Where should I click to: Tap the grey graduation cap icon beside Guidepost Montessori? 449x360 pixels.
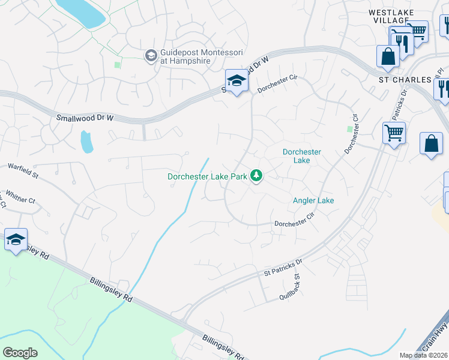coord(151,56)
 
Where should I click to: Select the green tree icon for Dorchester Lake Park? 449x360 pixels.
coord(256,176)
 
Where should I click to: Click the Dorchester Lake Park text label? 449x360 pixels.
coord(207,176)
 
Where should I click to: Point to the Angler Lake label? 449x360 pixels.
coord(313,200)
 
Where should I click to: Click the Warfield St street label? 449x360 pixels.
coord(23,171)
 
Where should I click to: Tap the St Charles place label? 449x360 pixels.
coord(405,79)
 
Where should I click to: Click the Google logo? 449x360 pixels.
coord(20,352)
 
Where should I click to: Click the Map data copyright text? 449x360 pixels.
coord(423,355)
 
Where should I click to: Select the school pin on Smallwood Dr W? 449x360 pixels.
coord(237,82)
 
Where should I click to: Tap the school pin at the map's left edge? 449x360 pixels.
coord(16,241)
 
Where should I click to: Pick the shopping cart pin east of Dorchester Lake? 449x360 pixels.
coord(394,133)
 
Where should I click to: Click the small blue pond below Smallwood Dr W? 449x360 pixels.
coord(86,142)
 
